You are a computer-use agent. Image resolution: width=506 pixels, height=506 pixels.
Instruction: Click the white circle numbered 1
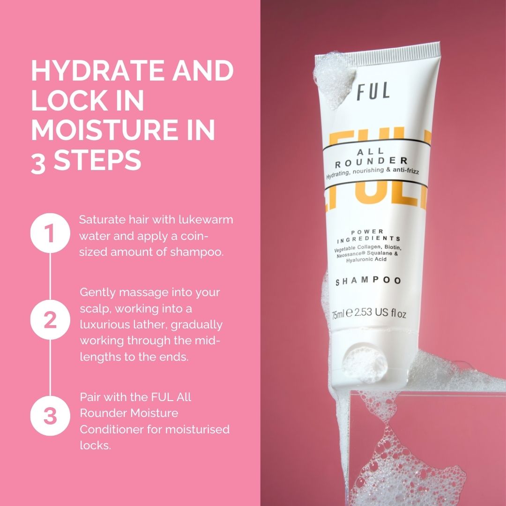click(x=50, y=233)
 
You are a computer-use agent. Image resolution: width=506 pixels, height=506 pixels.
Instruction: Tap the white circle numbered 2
click(x=50, y=320)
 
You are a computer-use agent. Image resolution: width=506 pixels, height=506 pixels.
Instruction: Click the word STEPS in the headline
click(x=97, y=160)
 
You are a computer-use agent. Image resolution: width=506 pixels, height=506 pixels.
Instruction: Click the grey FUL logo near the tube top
click(x=373, y=91)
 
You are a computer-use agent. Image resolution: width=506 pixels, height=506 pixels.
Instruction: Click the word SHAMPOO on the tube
click(x=368, y=281)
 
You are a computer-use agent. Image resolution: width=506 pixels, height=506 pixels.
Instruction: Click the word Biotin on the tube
click(x=393, y=247)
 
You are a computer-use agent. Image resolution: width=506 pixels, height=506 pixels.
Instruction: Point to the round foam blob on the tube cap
click(x=365, y=365)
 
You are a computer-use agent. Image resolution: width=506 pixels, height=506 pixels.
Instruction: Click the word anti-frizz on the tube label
click(x=406, y=170)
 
